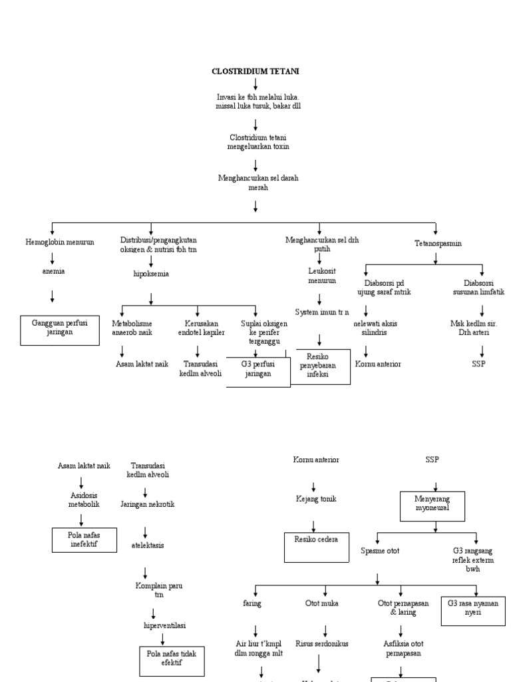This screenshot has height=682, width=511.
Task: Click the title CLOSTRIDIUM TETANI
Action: (x=255, y=70)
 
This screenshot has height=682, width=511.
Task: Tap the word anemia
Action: (x=53, y=271)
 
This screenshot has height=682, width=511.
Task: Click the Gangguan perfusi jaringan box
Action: (x=61, y=330)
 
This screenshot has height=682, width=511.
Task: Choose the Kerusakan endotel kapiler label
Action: (x=200, y=328)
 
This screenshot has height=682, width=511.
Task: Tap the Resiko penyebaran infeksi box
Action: (x=317, y=366)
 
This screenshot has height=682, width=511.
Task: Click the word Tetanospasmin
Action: (x=436, y=244)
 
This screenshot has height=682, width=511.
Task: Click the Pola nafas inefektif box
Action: (x=85, y=539)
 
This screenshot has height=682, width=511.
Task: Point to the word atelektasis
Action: (x=147, y=545)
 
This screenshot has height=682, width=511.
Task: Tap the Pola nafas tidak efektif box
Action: (x=172, y=659)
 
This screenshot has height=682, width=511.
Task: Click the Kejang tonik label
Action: (x=313, y=498)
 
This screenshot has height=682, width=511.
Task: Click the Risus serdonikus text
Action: (x=323, y=643)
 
